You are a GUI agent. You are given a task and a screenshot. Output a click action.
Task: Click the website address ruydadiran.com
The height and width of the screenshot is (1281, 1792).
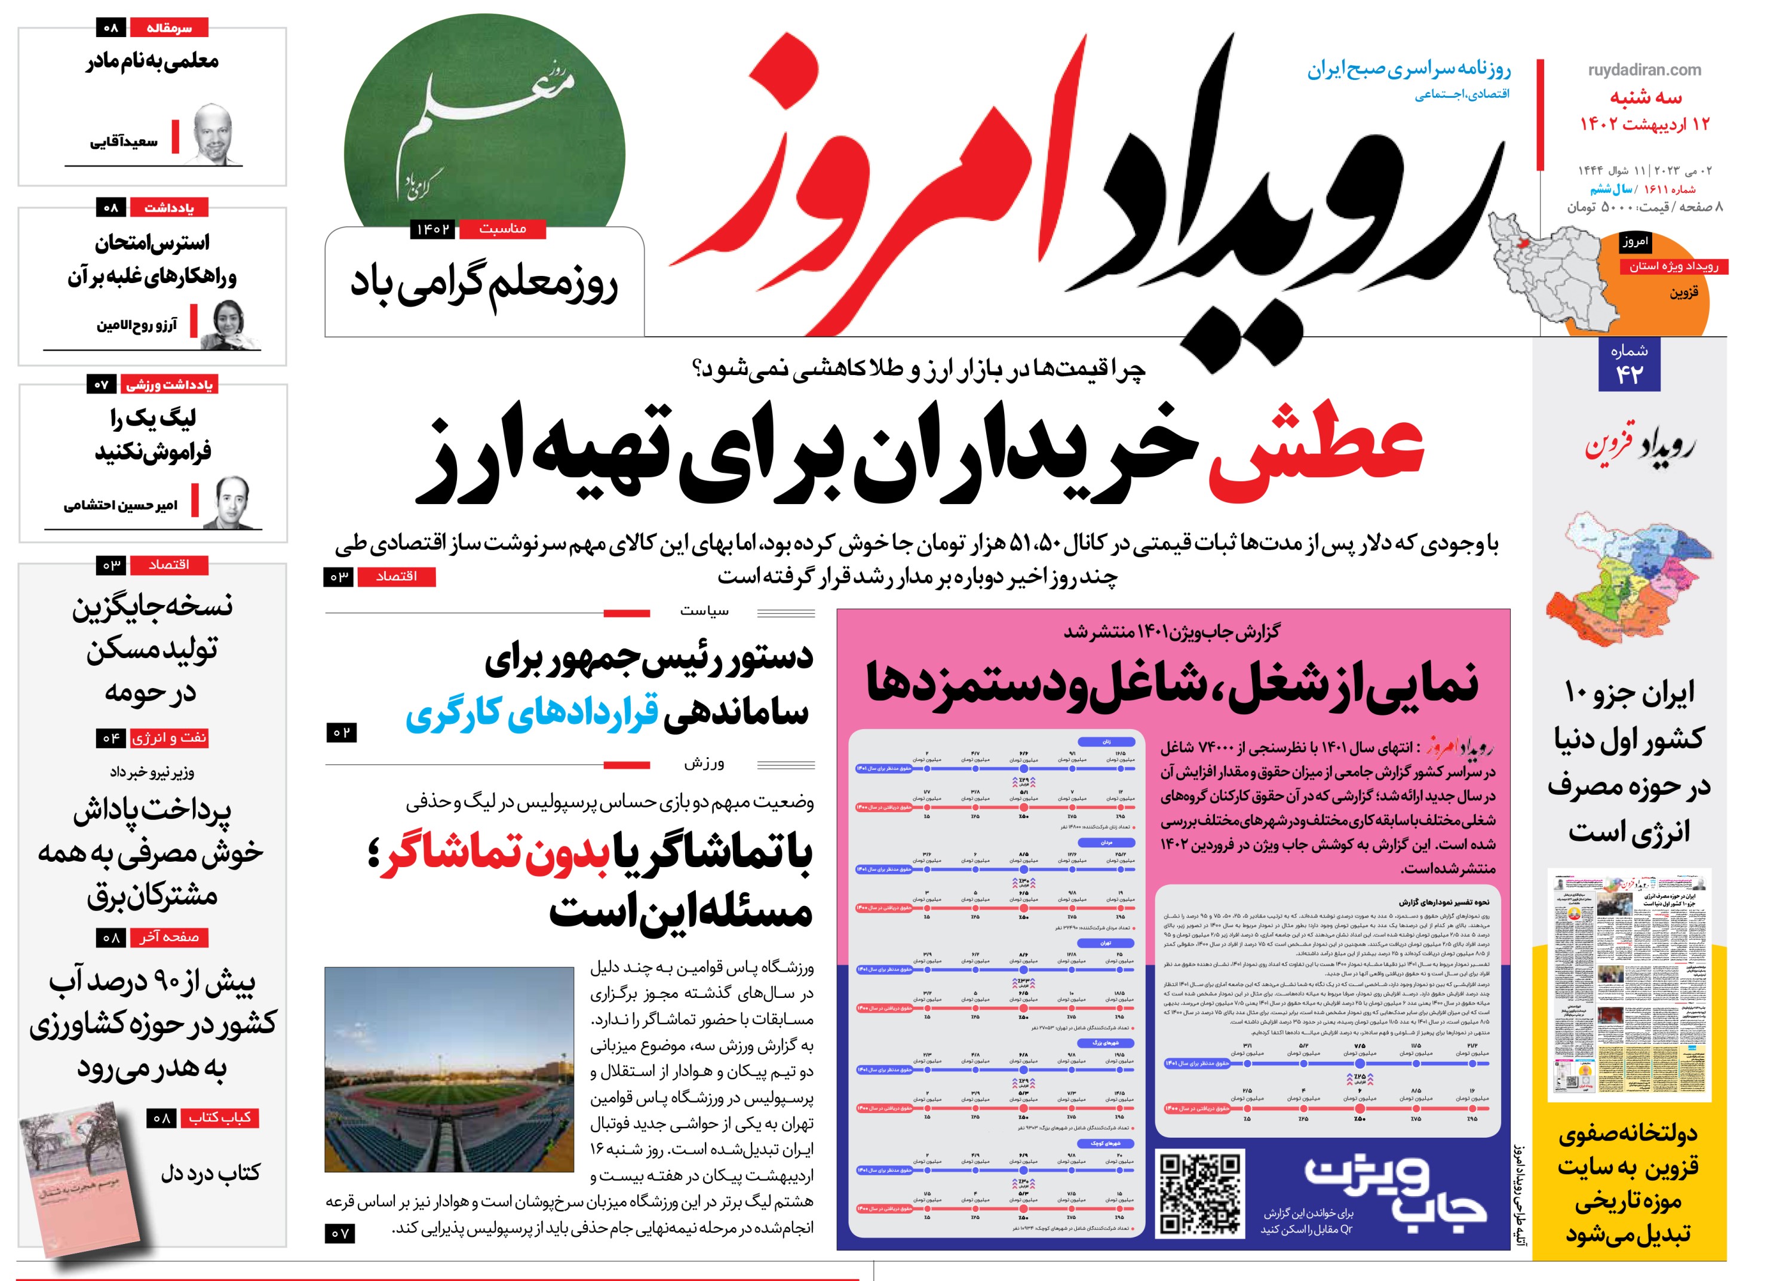point(1644,70)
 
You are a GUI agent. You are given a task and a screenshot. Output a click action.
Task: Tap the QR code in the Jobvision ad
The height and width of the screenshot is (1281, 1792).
point(1199,1192)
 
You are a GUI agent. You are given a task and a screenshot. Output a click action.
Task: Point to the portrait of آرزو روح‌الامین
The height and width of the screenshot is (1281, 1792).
point(231,324)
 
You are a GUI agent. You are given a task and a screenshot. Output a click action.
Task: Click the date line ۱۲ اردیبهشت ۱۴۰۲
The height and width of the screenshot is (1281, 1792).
point(1644,124)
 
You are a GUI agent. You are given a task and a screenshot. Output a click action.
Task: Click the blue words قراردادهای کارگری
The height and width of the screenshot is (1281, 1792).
point(532,713)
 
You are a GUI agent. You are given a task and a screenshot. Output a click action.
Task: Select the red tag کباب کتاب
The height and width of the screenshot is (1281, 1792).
point(219,1118)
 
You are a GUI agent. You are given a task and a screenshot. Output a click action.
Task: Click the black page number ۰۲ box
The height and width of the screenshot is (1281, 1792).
point(340,733)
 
